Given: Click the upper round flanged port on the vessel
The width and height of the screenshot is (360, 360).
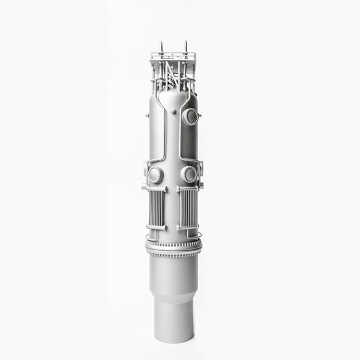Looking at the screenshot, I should click(x=190, y=116).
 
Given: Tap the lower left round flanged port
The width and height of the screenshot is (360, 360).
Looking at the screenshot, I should click(x=155, y=175).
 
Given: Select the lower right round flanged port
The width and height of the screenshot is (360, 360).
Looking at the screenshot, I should click(x=189, y=175).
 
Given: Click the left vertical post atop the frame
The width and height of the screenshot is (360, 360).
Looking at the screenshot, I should click(x=161, y=47).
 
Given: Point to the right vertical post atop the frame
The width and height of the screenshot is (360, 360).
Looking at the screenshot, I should click(x=185, y=46).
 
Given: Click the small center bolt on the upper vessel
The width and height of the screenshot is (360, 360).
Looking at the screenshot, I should click(x=173, y=111).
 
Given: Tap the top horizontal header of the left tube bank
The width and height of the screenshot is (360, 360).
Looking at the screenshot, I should click(x=155, y=188).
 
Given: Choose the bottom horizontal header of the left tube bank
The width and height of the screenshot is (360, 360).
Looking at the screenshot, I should click(x=157, y=227).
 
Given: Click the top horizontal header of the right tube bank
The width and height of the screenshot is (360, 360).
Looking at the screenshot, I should click(x=188, y=188).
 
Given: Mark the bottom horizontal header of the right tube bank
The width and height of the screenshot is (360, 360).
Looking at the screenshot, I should click(x=188, y=227).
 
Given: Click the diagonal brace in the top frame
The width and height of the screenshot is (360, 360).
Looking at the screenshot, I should click(x=171, y=73).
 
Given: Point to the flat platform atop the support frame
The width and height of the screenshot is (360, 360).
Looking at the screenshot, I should click(x=173, y=56).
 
